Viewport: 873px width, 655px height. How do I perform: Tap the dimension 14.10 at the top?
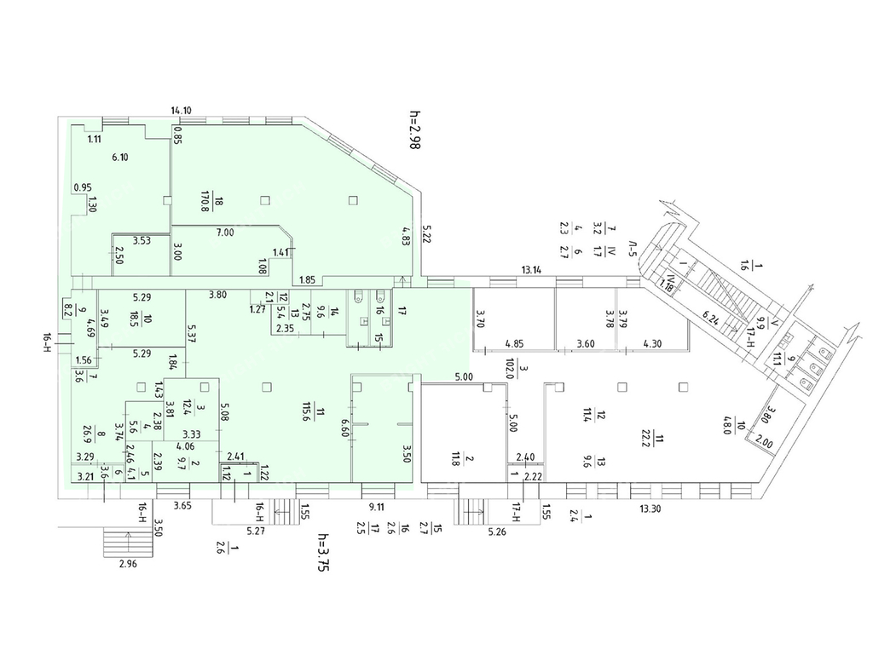(180, 110)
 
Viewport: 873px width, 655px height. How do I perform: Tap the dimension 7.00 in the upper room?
(225, 233)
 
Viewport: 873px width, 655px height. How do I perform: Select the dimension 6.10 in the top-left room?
(120, 157)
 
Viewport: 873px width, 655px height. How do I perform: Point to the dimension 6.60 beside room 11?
(346, 423)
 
